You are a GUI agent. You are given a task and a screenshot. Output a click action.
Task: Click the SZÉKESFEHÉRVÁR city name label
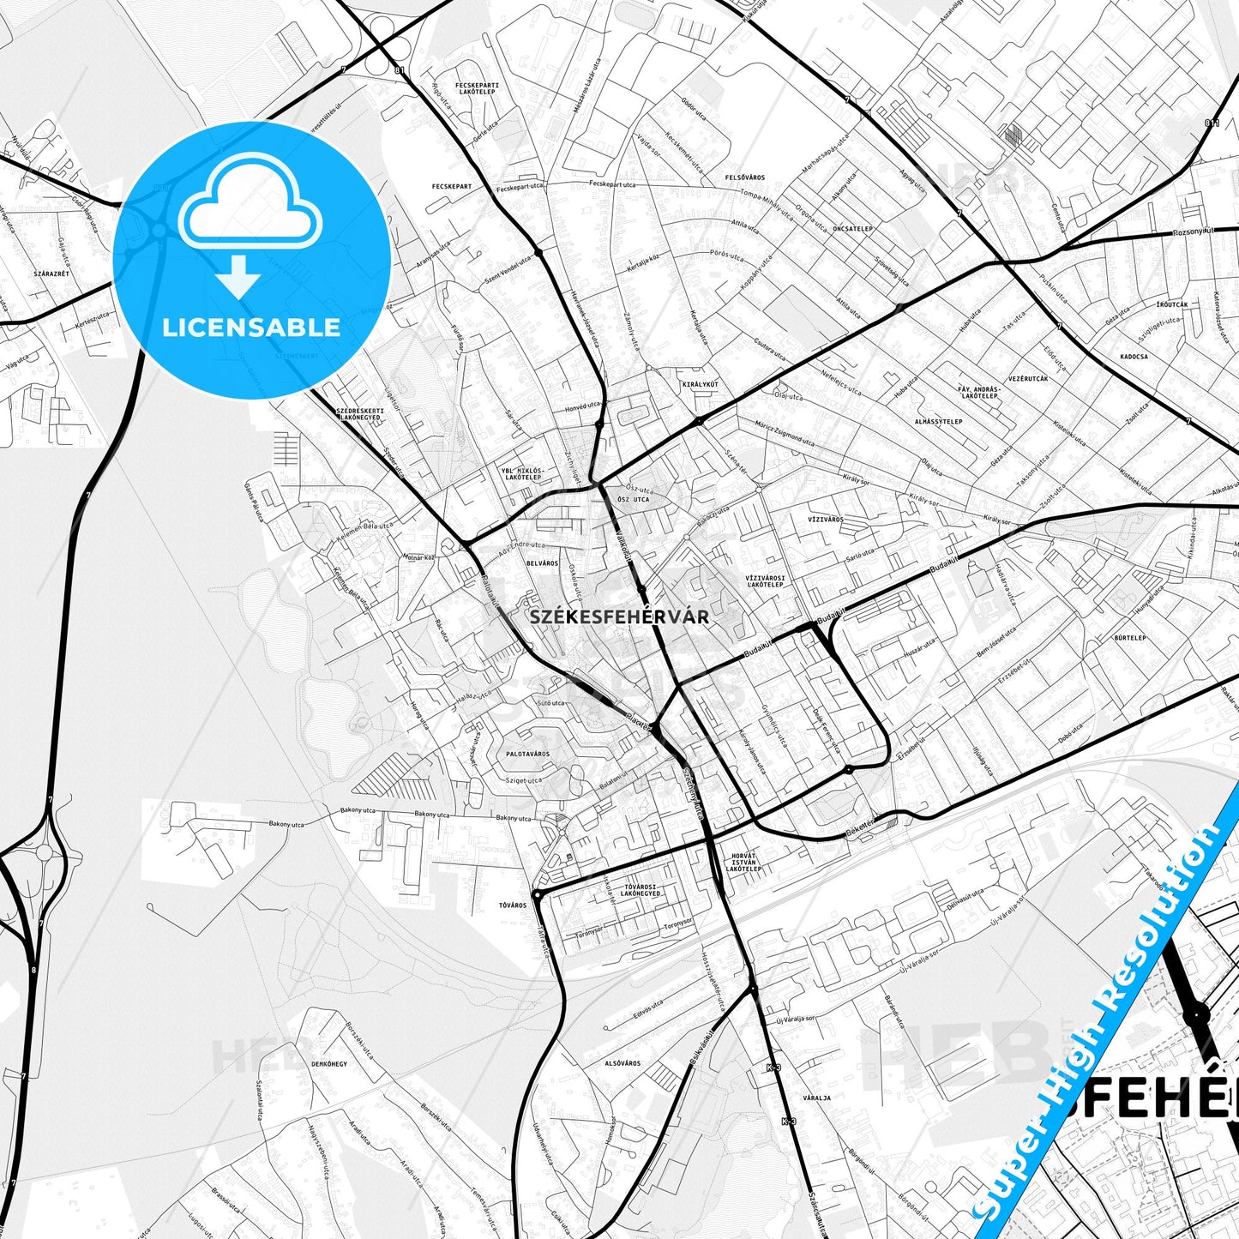tap(618, 616)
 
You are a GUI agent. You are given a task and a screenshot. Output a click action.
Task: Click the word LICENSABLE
tap(251, 327)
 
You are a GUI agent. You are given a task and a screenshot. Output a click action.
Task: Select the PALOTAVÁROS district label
tap(527, 754)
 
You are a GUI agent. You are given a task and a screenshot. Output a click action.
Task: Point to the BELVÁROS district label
tap(541, 563)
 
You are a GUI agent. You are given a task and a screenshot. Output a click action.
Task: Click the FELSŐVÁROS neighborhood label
tap(744, 177)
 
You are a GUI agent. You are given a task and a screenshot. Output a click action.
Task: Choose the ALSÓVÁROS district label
tap(623, 1063)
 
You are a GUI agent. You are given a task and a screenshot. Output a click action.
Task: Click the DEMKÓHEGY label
tap(329, 1063)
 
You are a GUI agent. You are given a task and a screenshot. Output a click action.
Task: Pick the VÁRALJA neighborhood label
tap(816, 1098)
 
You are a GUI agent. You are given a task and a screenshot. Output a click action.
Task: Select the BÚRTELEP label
tap(1130, 638)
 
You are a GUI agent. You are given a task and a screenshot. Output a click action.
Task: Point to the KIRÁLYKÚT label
tap(700, 384)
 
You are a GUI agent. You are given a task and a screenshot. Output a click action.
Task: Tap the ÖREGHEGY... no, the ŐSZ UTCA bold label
tap(633, 499)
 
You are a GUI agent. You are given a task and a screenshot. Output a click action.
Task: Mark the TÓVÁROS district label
tap(513, 905)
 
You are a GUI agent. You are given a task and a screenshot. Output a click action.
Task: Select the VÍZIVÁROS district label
tap(825, 520)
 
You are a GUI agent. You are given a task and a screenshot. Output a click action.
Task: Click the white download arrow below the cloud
tap(239, 275)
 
